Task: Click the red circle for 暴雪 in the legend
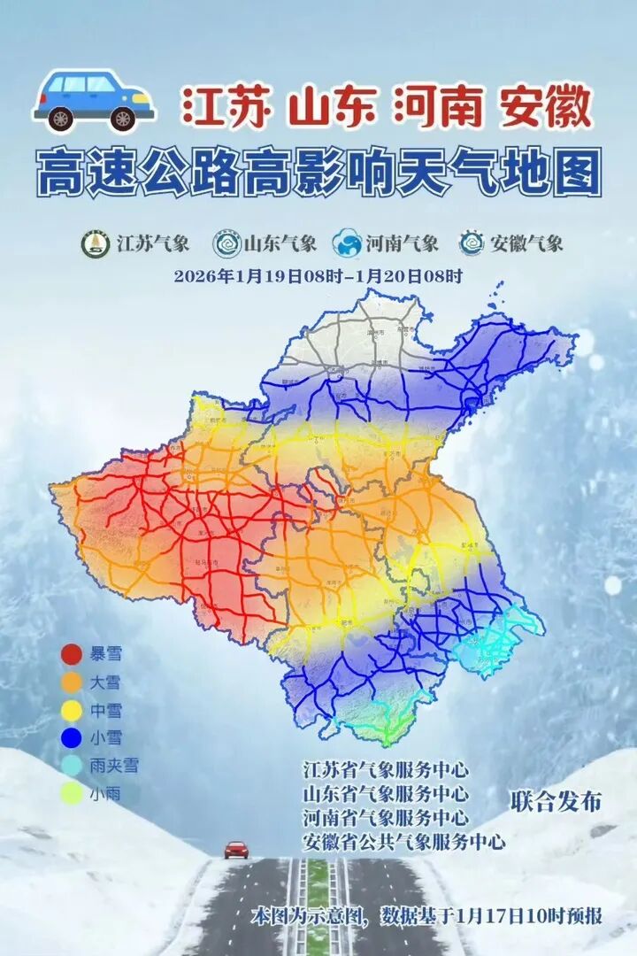[x=73, y=656]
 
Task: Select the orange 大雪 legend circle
[x=73, y=683]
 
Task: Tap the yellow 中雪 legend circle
[x=73, y=711]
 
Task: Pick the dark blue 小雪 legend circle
[x=73, y=738]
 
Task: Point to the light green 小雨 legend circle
[x=73, y=794]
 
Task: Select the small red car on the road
[x=236, y=849]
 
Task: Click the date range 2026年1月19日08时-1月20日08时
[x=318, y=275]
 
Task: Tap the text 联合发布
[x=556, y=802]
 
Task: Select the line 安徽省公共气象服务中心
[x=403, y=841]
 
